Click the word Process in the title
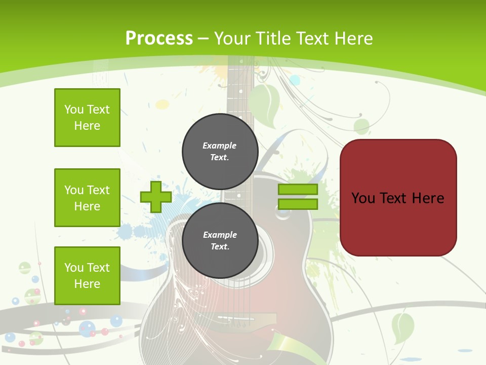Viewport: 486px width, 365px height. pyautogui.click(x=159, y=39)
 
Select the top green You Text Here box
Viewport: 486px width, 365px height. pyautogui.click(x=87, y=118)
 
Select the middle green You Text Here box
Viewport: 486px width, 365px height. pyautogui.click(x=87, y=198)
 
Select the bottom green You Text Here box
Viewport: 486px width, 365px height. pyautogui.click(x=87, y=276)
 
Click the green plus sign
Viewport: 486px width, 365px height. pyautogui.click(x=156, y=197)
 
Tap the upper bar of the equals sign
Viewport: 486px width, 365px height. pyautogui.click(x=298, y=190)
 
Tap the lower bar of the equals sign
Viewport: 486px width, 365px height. pyautogui.click(x=298, y=204)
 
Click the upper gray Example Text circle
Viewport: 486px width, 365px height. pyautogui.click(x=220, y=151)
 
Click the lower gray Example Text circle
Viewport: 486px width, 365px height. pyautogui.click(x=220, y=240)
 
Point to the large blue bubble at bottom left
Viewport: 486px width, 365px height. pyautogui.click(x=88, y=328)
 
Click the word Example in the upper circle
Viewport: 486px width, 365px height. pyautogui.click(x=220, y=145)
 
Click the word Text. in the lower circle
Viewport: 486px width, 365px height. pyautogui.click(x=220, y=247)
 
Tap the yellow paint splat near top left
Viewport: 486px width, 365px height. pyautogui.click(x=162, y=104)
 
